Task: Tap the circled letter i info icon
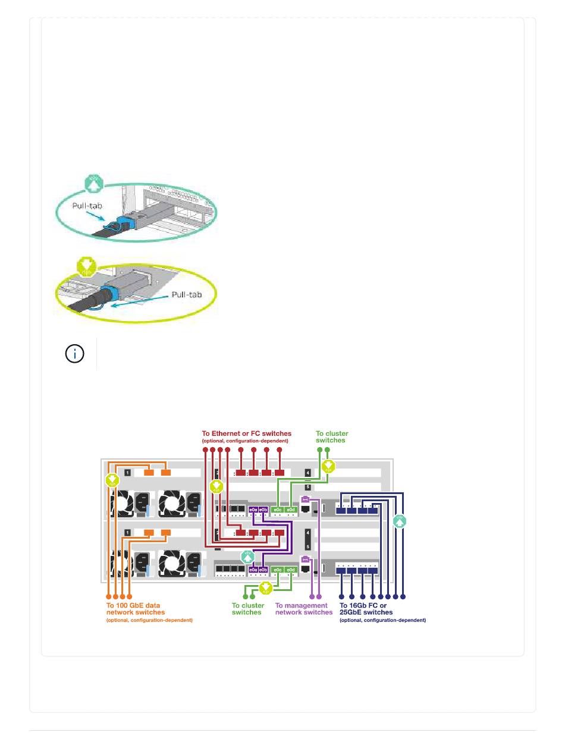coord(74,354)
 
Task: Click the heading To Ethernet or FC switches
coord(246,434)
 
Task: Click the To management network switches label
coord(303,609)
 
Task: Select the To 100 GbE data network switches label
coord(135,608)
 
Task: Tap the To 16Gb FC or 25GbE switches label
coord(366,609)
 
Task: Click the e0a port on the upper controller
coord(253,510)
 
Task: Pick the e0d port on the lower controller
coord(290,570)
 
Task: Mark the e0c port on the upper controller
coord(277,510)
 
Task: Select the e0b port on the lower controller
coord(263,570)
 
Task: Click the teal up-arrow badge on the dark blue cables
coord(400,521)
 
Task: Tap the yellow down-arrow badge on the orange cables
coord(112,480)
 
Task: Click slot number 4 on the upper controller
coord(307,473)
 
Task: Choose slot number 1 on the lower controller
coord(127,533)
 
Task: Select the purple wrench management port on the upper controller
coord(306,499)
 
